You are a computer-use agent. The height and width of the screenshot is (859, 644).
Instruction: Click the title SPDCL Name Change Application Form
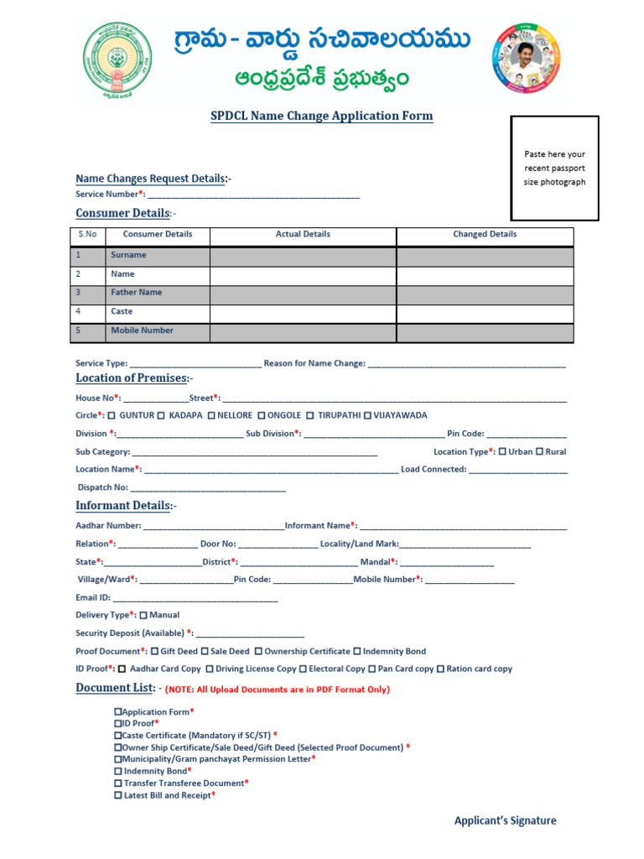(321, 116)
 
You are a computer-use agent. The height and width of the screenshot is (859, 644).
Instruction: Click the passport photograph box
(554, 168)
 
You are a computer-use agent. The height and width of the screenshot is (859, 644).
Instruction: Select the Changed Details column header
(485, 235)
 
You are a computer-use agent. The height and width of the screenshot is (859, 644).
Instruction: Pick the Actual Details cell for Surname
(303, 255)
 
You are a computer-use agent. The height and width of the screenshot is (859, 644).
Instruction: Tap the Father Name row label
(136, 293)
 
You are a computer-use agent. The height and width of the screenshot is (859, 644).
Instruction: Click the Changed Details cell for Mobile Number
(485, 331)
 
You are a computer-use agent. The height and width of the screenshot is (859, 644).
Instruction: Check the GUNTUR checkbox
(112, 416)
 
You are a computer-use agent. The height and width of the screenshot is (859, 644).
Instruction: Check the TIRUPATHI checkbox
(310, 416)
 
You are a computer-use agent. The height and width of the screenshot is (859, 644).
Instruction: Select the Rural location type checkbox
(539, 452)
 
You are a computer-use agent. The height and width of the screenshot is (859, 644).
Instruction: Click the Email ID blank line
(195, 598)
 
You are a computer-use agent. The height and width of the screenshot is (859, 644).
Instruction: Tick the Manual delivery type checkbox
(143, 616)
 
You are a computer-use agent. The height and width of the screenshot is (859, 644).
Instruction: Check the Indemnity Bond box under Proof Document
(357, 652)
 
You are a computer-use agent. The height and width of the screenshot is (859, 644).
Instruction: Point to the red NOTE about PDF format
(278, 690)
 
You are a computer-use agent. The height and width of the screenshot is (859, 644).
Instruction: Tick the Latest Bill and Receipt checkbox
(117, 795)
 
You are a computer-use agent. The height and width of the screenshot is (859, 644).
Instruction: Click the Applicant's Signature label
(505, 820)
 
